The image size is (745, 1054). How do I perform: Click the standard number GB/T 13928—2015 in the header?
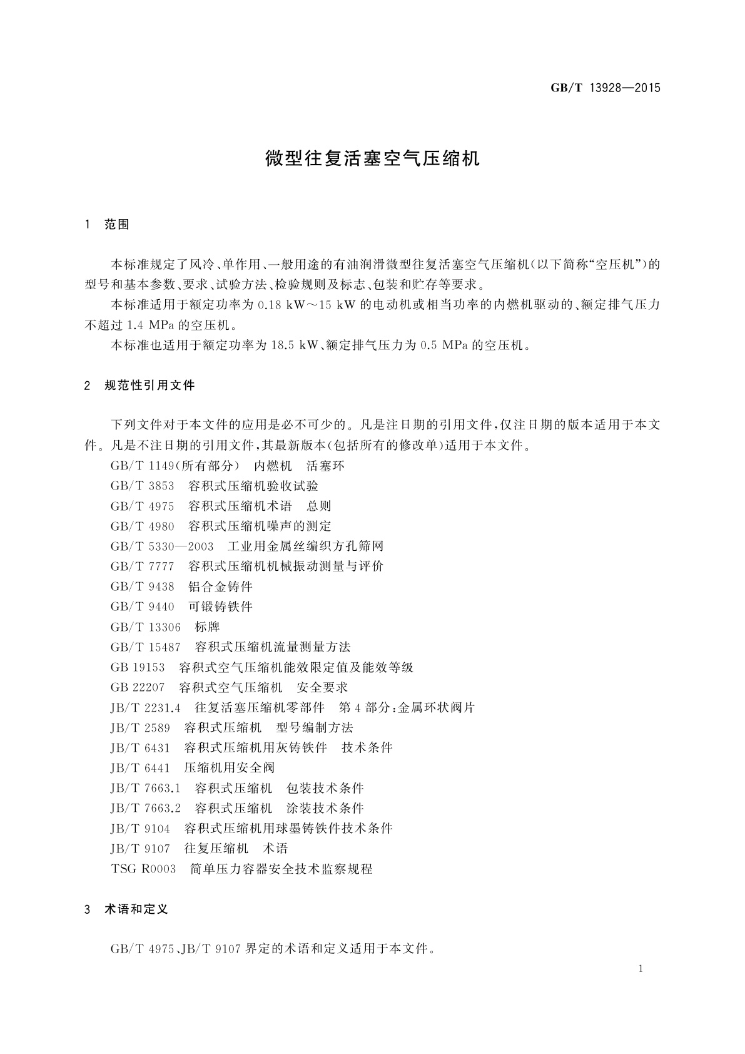click(x=605, y=88)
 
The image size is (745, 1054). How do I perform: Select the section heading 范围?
click(x=117, y=225)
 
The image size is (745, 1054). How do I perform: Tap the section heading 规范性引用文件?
click(x=150, y=386)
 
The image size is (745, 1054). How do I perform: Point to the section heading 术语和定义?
click(x=136, y=909)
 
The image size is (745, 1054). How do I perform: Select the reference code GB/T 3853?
click(x=143, y=486)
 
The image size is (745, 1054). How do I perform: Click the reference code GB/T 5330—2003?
click(x=162, y=546)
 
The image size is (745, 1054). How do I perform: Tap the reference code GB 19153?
click(x=138, y=668)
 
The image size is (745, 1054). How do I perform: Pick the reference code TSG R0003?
click(x=143, y=869)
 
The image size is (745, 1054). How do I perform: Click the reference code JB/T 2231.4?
click(x=146, y=708)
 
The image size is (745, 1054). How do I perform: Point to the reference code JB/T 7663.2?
click(x=146, y=809)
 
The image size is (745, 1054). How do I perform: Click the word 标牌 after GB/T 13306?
click(x=207, y=627)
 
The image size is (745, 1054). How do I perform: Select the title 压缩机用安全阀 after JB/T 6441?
click(x=229, y=768)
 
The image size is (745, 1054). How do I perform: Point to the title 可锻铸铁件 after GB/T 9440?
click(x=220, y=607)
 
